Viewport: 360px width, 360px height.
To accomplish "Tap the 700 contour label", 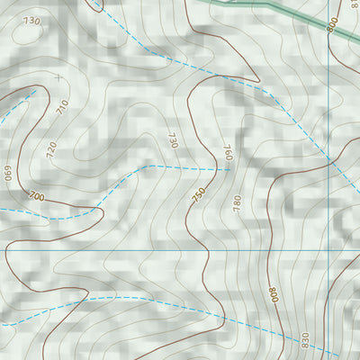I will pos(36,195).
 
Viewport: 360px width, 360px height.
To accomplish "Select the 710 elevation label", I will pos(62,107).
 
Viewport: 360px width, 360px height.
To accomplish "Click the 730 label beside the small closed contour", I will pos(32,20).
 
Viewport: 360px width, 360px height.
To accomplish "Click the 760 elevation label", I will pos(228,152).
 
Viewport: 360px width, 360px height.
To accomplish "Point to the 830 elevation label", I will pos(305,340).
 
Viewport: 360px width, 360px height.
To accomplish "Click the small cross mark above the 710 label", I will pos(58,77).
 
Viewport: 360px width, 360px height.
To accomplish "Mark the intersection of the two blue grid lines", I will pos(329,250).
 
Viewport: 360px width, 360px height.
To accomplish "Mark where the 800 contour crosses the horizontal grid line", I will pos(268,250).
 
